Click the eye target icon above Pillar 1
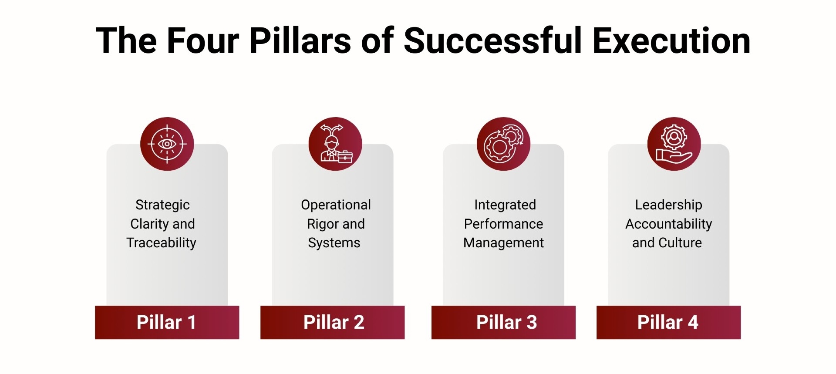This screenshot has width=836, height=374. [167, 144]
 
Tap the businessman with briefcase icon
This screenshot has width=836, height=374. [335, 144]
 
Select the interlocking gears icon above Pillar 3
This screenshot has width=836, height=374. [503, 144]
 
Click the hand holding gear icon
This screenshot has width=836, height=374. [674, 144]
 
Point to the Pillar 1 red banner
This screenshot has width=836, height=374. [167, 322]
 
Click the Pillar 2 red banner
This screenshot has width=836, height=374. [333, 322]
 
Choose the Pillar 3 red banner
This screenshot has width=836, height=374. [503, 322]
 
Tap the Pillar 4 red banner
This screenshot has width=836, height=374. [668, 322]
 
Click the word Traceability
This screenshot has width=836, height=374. [161, 243]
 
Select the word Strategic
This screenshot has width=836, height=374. [162, 205]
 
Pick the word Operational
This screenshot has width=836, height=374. [336, 205]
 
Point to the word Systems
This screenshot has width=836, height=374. [334, 243]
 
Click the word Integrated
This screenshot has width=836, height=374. [505, 205]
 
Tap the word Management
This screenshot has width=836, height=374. [503, 243]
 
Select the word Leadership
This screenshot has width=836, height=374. [668, 205]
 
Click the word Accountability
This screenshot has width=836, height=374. [668, 224]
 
